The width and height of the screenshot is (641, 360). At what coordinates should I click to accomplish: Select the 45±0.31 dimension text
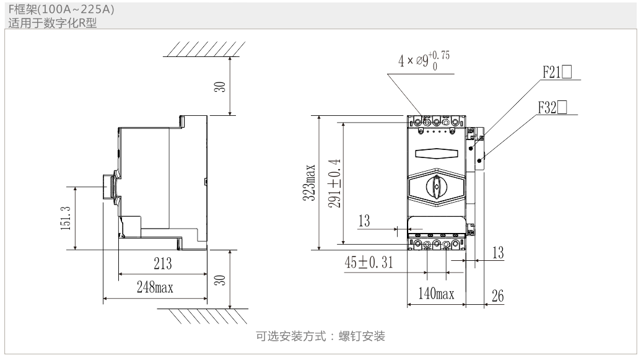click(x=370, y=263)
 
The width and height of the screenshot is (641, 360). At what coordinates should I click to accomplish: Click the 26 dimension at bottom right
click(x=496, y=296)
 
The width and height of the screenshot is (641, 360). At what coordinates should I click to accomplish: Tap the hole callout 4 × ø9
click(x=424, y=61)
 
